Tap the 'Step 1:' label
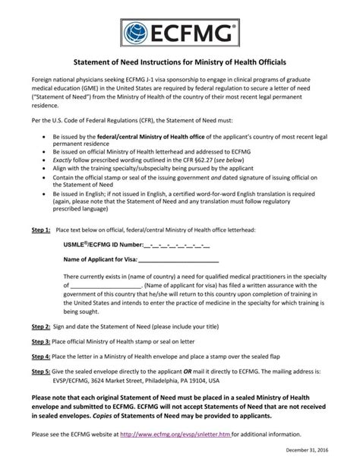pyautogui.click(x=41, y=229)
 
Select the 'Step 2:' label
pyautogui.click(x=41, y=325)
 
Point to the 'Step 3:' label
pyautogui.click(x=41, y=341)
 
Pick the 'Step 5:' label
pyautogui.click(x=41, y=372)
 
